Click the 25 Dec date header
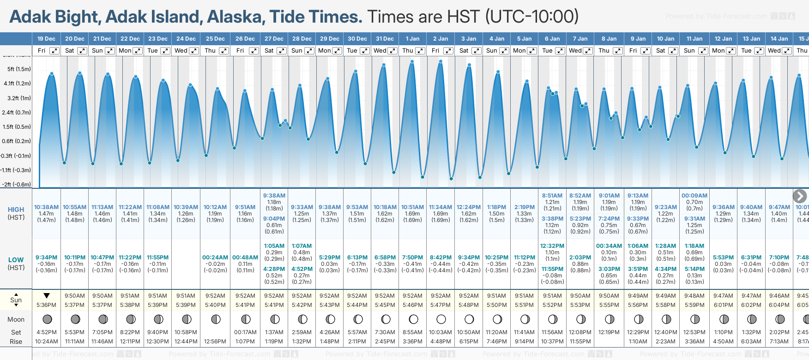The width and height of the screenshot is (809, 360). point(215,39)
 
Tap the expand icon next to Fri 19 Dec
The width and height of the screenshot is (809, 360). point(54,51)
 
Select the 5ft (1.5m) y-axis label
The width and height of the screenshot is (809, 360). point(19,69)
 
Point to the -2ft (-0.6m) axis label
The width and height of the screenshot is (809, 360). point(16,184)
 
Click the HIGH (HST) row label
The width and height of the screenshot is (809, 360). point(16,213)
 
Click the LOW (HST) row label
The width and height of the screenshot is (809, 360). point(16,264)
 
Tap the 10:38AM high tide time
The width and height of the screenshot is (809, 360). point(46,207)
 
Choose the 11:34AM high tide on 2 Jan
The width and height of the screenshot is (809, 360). point(441,207)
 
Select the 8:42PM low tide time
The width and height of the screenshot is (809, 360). point(441,258)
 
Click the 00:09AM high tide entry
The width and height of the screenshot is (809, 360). point(694,196)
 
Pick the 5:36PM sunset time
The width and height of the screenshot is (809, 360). point(46,305)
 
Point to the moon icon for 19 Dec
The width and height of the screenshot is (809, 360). point(47,319)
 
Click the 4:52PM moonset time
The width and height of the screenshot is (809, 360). point(46,332)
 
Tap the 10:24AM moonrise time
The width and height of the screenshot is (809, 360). point(46,342)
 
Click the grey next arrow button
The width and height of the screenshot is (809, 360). point(800,196)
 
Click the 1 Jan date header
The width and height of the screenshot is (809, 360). point(412,39)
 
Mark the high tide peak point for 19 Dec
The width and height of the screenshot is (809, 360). point(52,73)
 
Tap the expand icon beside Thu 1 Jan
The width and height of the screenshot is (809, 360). point(420,51)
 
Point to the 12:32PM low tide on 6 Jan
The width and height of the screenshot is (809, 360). point(552,246)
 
